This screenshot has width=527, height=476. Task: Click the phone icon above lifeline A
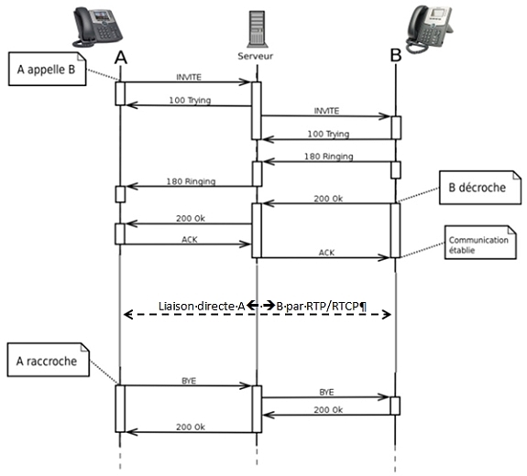[x=97, y=27]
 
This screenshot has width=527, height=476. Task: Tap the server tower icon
[x=258, y=29]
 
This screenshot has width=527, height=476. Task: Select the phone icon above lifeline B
[x=429, y=29]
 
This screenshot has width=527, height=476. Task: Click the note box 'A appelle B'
[x=48, y=69]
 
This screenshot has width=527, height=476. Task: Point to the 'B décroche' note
[x=480, y=188]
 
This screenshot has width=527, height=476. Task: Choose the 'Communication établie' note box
[x=480, y=243]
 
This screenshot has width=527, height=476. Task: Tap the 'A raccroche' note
[x=49, y=360]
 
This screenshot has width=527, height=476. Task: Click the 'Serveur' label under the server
[x=256, y=56]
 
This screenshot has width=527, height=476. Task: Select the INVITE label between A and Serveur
[x=189, y=77]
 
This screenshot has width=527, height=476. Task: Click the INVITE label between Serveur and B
[x=326, y=111]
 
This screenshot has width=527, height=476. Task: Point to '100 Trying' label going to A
[x=190, y=100]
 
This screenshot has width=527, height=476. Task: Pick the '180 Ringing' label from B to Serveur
[x=329, y=157]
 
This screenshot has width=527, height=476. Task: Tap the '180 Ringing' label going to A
[x=191, y=181]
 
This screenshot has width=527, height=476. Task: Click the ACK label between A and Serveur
[x=190, y=239]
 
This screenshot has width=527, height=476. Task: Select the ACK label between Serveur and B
[x=326, y=253]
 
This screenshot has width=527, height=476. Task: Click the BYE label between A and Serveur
[x=189, y=381]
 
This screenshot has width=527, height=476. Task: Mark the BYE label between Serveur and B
[x=326, y=392]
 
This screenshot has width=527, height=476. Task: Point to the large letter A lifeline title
[x=121, y=58]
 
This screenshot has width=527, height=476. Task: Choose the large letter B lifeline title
[x=396, y=55]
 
